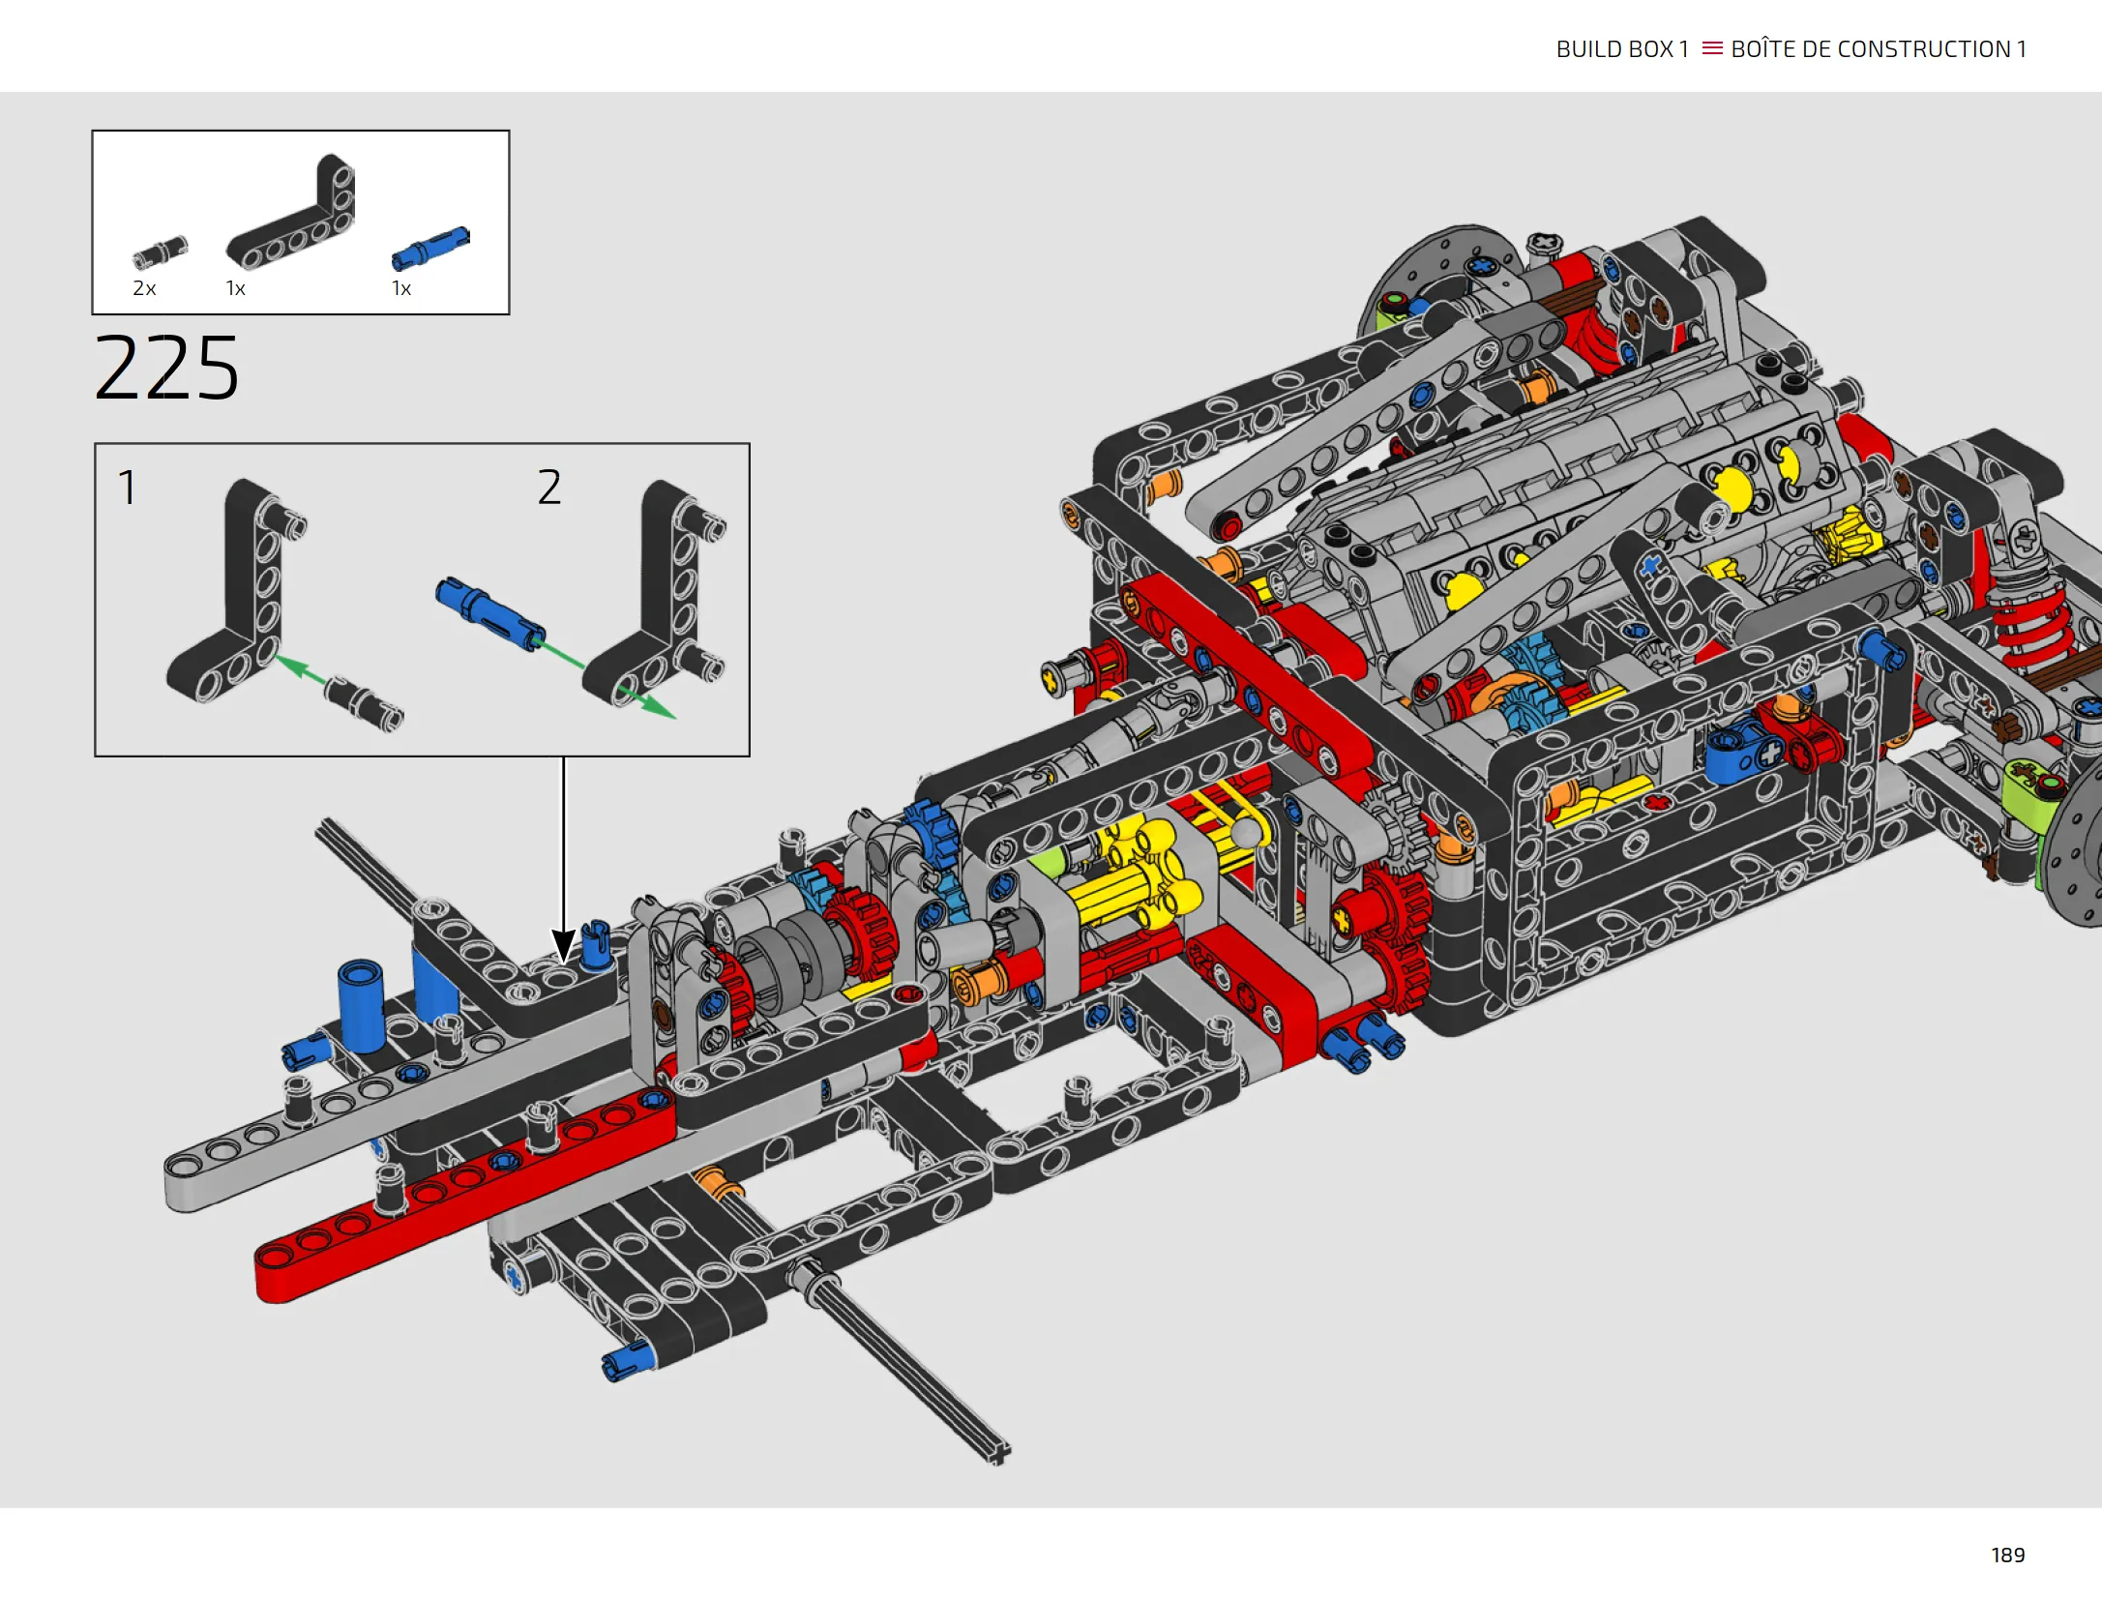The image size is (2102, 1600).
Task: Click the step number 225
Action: (x=166, y=368)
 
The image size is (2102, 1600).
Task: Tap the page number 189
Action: (x=2007, y=1555)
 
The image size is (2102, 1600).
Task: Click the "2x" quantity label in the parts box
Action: (x=144, y=288)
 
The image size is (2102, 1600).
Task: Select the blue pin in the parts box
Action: (x=430, y=248)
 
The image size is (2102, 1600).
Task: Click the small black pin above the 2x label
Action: (x=160, y=252)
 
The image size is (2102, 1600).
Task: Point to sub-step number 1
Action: (x=127, y=488)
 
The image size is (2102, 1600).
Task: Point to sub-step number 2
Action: (x=549, y=487)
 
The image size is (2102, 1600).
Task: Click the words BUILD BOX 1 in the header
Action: (x=1622, y=49)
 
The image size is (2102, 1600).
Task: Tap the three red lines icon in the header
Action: (x=1712, y=48)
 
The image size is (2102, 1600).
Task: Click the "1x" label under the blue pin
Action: (x=401, y=288)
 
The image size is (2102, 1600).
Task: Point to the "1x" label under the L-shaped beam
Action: (x=235, y=288)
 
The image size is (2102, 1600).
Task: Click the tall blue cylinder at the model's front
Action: (x=361, y=1006)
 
